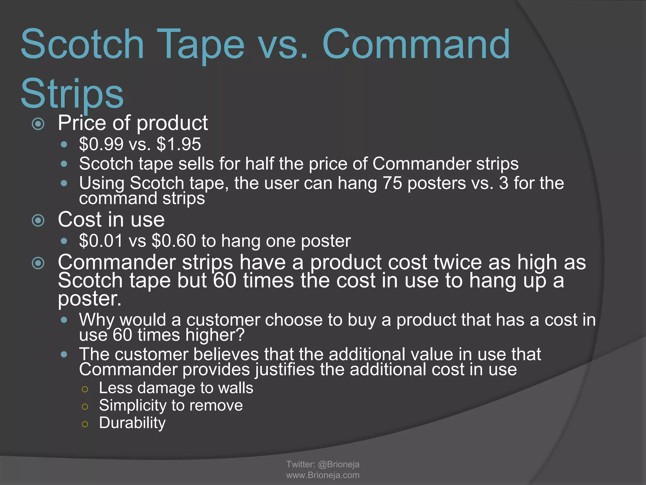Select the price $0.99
[101, 144]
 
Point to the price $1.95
[179, 144]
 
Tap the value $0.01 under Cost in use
[101, 241]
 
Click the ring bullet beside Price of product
[38, 124]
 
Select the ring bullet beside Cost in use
[38, 220]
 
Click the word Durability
[132, 423]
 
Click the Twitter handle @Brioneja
[338, 464]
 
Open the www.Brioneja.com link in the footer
[323, 475]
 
